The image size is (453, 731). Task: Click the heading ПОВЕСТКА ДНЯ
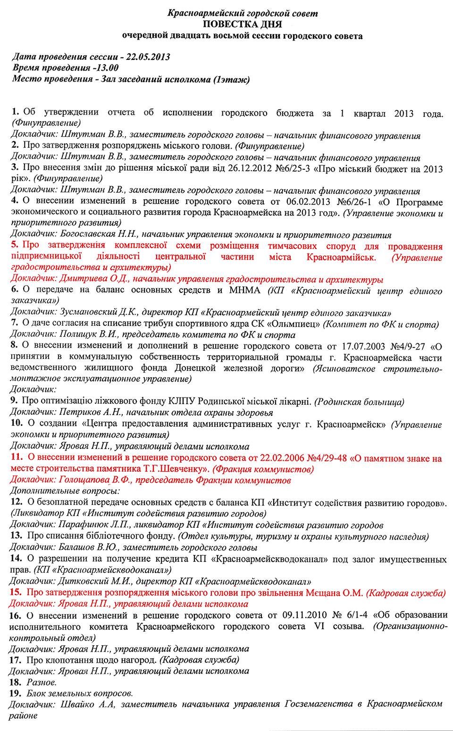click(242, 25)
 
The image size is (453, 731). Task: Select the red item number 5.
click(15, 245)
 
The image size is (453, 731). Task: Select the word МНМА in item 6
click(244, 290)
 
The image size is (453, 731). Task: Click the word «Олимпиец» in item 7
click(294, 324)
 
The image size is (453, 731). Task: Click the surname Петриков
click(80, 412)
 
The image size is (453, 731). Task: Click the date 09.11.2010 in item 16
click(304, 615)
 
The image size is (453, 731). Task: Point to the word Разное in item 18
click(41, 682)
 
